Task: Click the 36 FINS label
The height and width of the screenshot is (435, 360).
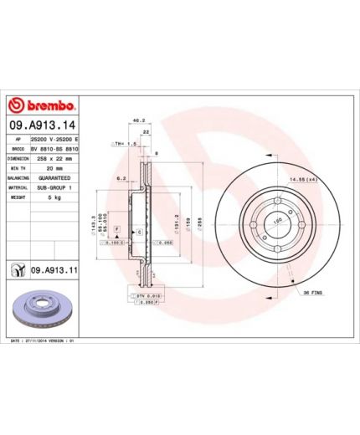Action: [313, 292]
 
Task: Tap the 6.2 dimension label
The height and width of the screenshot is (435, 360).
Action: [121, 177]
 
